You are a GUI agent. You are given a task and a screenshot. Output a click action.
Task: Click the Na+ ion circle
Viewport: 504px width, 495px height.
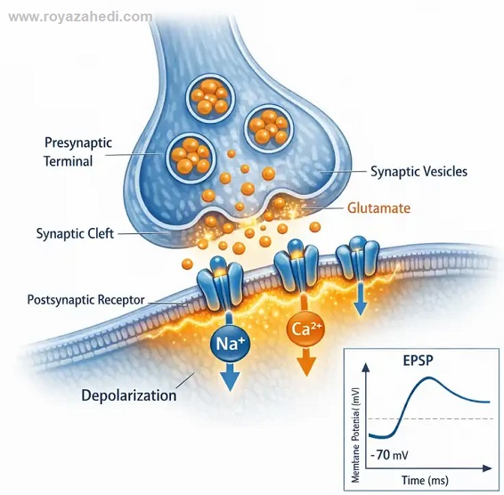click(230, 345)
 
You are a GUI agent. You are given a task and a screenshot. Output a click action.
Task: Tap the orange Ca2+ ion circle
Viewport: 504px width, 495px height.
click(305, 329)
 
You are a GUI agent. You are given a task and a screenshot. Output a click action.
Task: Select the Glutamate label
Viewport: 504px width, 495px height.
click(379, 208)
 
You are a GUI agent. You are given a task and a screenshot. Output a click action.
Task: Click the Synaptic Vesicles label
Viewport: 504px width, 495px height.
click(419, 171)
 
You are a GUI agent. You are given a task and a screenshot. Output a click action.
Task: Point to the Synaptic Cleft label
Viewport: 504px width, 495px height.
click(75, 233)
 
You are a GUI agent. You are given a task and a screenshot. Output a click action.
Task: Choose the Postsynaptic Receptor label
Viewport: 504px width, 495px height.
click(85, 299)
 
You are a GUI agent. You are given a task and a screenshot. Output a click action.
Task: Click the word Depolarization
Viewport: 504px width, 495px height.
click(129, 395)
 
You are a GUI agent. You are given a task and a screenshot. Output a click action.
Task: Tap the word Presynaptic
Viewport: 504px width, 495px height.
click(78, 142)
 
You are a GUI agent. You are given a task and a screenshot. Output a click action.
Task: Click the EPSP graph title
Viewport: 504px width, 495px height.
click(418, 361)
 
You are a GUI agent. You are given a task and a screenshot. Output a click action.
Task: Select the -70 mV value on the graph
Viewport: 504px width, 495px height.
click(389, 455)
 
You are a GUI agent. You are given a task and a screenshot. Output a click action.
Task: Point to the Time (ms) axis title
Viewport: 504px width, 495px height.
click(425, 481)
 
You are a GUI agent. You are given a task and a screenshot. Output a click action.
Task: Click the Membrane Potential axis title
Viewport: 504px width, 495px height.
click(355, 435)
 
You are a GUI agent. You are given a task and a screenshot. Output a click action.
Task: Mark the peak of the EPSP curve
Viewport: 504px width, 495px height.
click(428, 377)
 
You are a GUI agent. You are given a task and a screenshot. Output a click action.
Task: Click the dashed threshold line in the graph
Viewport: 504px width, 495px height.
click(431, 418)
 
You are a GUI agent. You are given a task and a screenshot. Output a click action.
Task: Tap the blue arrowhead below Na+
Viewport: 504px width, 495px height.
click(230, 381)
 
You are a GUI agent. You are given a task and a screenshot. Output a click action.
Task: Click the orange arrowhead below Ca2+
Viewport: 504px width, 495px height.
click(306, 366)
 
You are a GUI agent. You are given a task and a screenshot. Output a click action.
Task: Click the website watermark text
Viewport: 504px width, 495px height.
click(80, 17)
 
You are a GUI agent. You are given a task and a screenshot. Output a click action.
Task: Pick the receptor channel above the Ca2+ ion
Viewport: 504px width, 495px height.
click(296, 264)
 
